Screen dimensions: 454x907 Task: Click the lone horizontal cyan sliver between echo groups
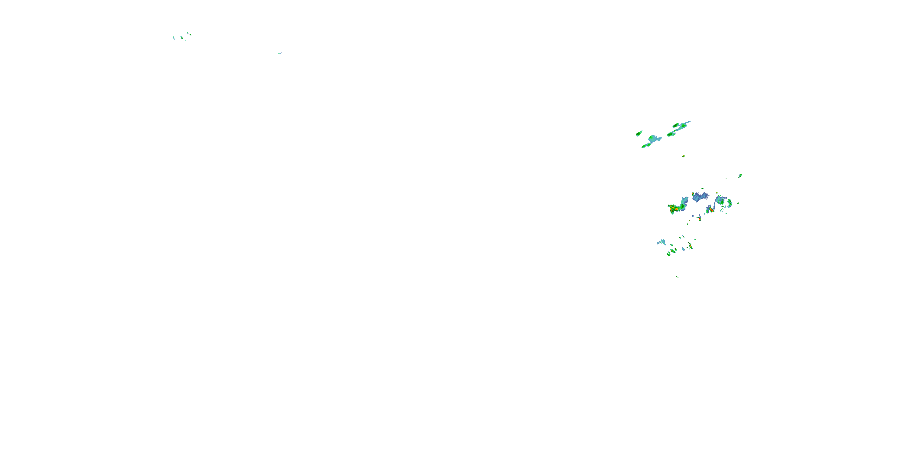coord(280,53)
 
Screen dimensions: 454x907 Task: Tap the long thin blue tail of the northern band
coord(687,122)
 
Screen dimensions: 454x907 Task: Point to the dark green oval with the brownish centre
coord(676,125)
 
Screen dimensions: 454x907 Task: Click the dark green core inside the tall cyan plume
coord(683,206)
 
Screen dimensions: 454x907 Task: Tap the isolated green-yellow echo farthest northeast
coord(740,176)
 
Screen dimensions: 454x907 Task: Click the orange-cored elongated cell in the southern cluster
coord(691,246)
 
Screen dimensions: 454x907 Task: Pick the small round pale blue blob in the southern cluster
coord(683,249)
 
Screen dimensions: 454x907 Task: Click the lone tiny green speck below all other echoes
coord(677,277)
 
